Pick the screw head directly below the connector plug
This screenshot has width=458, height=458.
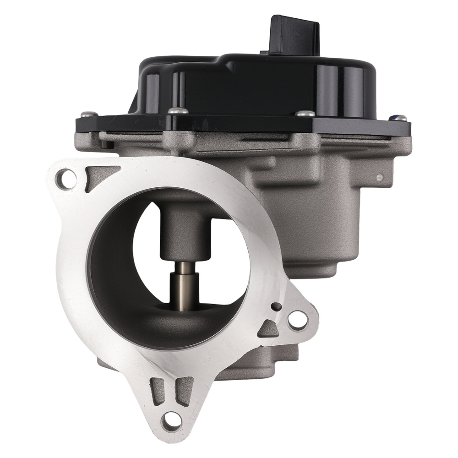[305, 113]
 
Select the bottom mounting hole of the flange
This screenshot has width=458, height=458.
[172, 419]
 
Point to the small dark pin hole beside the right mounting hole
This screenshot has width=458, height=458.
[276, 306]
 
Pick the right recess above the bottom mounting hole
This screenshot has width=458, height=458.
[185, 389]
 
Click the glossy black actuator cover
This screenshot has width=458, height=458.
[256, 87]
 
